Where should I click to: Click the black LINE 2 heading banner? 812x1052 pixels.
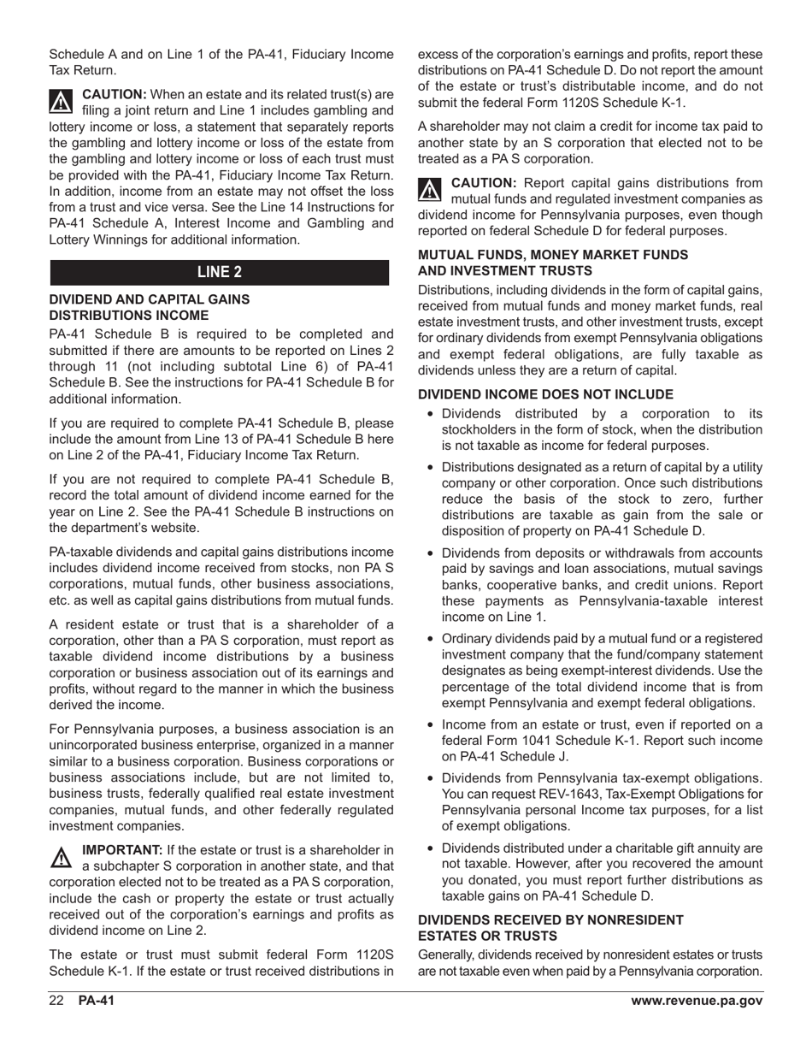220,273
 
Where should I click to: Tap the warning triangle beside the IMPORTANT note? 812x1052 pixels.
62,857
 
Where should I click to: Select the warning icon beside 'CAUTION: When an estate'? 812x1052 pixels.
62,102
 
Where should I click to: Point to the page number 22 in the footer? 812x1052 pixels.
56,1002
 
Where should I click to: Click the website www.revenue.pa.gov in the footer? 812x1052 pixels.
696,1002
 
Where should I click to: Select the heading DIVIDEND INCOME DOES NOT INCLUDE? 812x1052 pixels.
545,394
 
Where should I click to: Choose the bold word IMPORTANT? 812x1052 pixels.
121,850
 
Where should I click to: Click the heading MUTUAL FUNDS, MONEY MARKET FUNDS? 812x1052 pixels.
552,255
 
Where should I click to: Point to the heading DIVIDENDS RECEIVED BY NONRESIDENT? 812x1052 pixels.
550,919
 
